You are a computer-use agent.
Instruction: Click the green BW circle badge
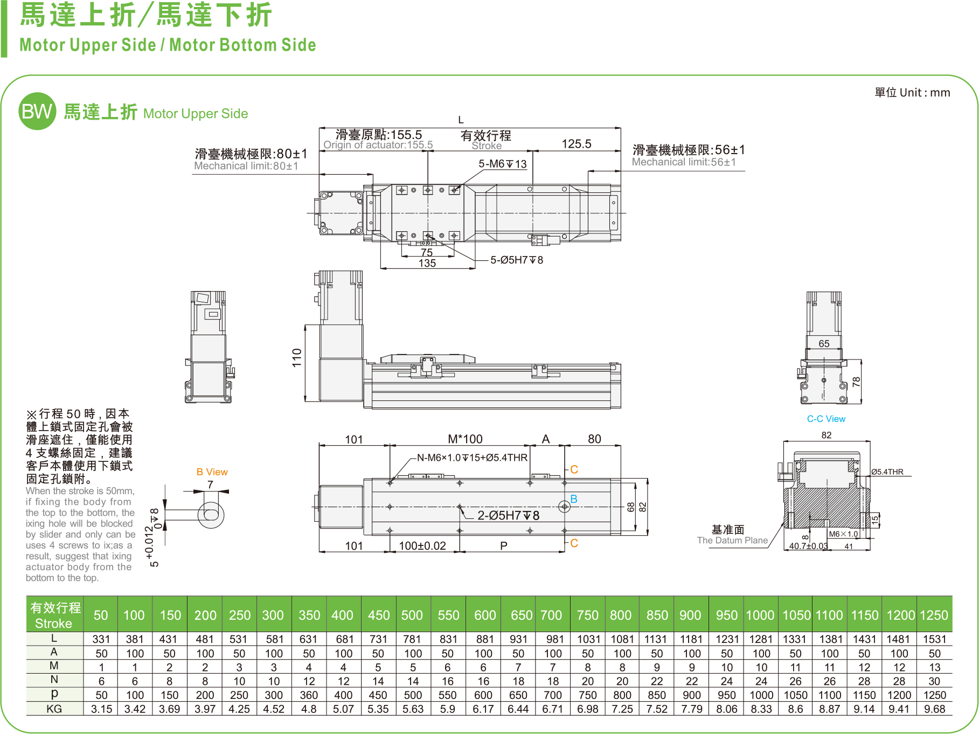(37, 112)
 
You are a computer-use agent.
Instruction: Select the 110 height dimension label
(297, 358)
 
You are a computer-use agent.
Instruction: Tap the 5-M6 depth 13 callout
(502, 164)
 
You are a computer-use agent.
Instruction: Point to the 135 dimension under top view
(427, 263)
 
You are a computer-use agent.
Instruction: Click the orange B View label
(212, 472)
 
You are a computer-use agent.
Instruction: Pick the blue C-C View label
(826, 419)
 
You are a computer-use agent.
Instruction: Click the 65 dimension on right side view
(824, 344)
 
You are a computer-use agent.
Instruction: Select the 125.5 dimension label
(576, 144)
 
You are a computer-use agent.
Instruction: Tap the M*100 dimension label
(465, 439)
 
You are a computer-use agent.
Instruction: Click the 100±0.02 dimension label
(422, 546)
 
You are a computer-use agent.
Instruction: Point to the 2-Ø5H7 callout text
(508, 516)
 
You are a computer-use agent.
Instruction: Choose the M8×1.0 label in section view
(843, 534)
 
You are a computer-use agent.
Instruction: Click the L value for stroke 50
(101, 639)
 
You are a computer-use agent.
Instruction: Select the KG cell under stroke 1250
(934, 709)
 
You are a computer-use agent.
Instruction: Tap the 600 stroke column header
(484, 615)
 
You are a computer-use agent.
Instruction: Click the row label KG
(54, 709)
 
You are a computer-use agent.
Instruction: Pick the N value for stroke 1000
(761, 681)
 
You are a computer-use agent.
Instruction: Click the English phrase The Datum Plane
(732, 541)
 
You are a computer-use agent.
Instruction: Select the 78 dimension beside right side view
(856, 382)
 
